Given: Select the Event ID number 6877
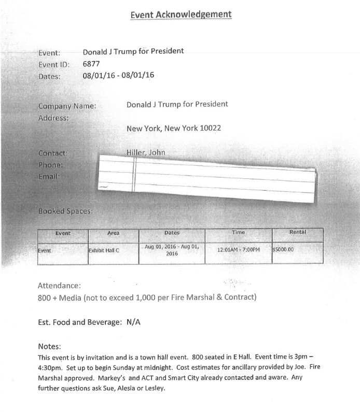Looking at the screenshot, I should click(x=91, y=64).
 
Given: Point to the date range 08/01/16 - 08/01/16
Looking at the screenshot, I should click(x=118, y=76).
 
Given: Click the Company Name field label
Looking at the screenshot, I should click(x=67, y=106).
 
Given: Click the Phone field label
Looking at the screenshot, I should click(x=50, y=165).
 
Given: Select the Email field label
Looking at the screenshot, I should click(x=49, y=176).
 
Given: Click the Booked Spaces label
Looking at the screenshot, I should click(x=65, y=211).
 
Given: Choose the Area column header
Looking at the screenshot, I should click(x=113, y=234).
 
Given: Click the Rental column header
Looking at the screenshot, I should click(x=297, y=232).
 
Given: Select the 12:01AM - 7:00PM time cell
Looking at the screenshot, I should click(x=239, y=249).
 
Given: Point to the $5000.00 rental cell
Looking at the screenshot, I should click(x=283, y=249).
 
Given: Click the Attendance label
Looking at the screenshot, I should click(x=59, y=286).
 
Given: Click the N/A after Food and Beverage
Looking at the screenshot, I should click(x=133, y=322).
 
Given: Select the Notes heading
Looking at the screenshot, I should click(x=50, y=346).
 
